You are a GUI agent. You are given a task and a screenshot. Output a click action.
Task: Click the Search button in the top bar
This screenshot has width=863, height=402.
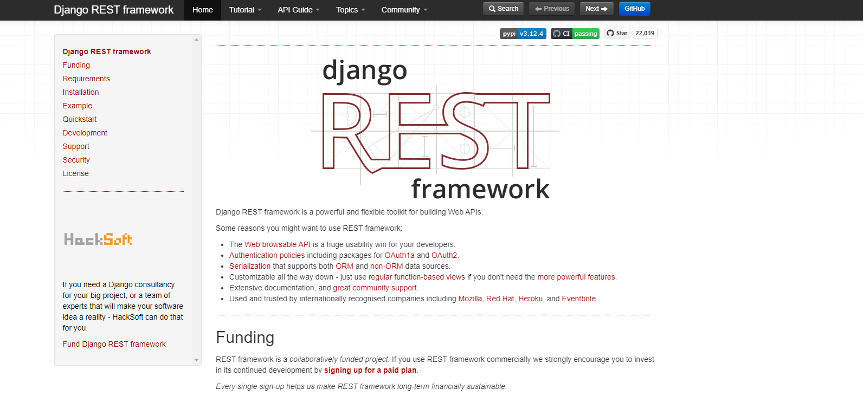click(x=503, y=9)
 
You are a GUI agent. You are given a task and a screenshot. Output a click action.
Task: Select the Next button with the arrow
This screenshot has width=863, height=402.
click(x=596, y=9)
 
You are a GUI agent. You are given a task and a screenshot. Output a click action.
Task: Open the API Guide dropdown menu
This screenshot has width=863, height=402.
click(x=299, y=10)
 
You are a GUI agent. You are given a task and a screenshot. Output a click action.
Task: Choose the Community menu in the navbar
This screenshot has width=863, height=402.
click(x=404, y=10)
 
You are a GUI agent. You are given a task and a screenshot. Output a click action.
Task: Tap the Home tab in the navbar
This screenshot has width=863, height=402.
click(x=203, y=10)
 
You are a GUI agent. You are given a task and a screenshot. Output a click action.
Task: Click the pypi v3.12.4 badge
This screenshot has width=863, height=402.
click(x=523, y=34)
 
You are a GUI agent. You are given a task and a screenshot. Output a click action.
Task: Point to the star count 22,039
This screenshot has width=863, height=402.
click(x=645, y=33)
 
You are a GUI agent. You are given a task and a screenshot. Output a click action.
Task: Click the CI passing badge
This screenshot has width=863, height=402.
click(x=575, y=34)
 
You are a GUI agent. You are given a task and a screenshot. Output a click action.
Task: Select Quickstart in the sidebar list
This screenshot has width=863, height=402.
click(x=80, y=119)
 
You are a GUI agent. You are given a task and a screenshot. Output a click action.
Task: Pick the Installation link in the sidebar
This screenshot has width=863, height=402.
click(x=81, y=92)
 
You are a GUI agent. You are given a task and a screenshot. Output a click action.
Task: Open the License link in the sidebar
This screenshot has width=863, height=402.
click(x=75, y=173)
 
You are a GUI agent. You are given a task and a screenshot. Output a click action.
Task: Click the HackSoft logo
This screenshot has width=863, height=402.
click(x=98, y=239)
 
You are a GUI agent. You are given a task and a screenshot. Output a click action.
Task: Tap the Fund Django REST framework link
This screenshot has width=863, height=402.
click(x=114, y=344)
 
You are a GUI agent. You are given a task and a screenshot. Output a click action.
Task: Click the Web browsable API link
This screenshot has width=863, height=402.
click(x=278, y=244)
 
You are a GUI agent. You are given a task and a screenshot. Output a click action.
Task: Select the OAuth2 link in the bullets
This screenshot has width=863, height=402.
click(x=444, y=255)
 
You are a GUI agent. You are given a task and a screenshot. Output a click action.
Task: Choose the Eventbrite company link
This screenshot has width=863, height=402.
click(x=578, y=299)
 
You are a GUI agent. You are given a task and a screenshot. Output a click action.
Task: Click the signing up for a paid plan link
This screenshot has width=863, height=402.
click(x=370, y=370)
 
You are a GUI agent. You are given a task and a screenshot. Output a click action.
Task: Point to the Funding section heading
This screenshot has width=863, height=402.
click(x=245, y=338)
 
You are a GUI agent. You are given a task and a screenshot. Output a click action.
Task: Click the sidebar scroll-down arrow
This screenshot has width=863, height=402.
click(x=196, y=360)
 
